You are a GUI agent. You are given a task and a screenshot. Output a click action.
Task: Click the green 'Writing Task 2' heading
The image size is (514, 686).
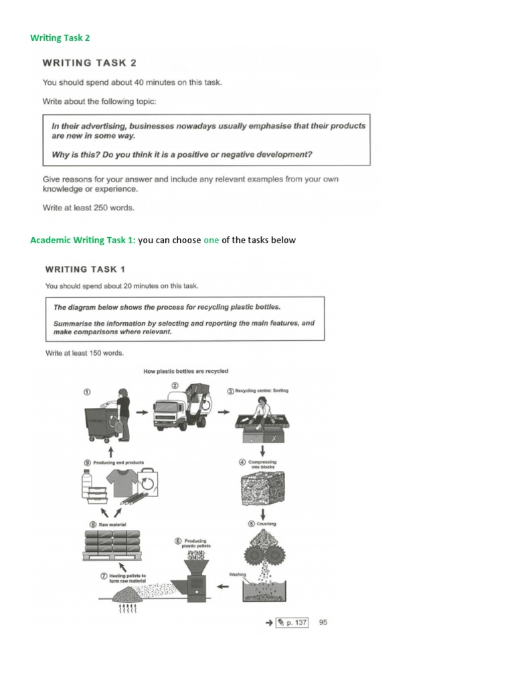pyautogui.click(x=60, y=38)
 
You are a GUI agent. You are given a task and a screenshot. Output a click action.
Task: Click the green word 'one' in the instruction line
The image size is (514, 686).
pyautogui.click(x=211, y=241)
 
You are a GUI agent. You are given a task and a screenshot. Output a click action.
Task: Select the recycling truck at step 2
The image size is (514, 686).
pyautogui.click(x=183, y=413)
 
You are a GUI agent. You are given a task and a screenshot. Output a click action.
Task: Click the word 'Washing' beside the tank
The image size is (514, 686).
pyautogui.click(x=238, y=574)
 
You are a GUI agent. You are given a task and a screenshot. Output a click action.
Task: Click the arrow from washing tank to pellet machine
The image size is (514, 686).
pyautogui.click(x=224, y=588)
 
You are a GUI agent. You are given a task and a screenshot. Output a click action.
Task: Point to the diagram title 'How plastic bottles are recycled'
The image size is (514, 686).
pyautogui.click(x=185, y=371)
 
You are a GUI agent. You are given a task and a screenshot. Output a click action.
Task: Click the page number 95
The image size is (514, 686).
pyautogui.click(x=323, y=622)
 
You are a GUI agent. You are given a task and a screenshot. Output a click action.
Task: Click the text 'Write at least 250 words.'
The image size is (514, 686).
pyautogui.click(x=88, y=208)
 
